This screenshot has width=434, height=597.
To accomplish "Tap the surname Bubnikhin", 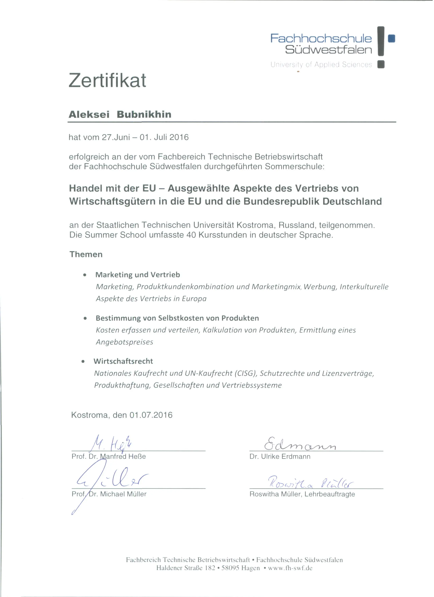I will [x=144, y=115].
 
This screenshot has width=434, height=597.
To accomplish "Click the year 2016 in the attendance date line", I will [x=180, y=137].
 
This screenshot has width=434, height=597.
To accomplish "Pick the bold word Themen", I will [x=86, y=254].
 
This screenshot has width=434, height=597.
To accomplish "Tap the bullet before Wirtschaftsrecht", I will [x=83, y=362].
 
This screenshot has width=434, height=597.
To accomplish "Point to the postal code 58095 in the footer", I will [x=231, y=568].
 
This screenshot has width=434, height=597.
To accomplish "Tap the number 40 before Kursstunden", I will [x=191, y=235].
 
